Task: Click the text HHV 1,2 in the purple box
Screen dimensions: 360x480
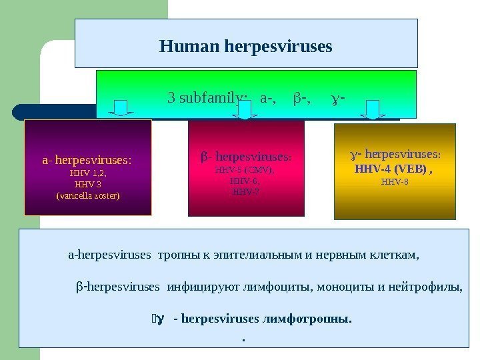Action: (x=88, y=172)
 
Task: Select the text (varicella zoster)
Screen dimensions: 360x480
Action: (x=88, y=196)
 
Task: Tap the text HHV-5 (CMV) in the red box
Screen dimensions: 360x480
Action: (x=245, y=170)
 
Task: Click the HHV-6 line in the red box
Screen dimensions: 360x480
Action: (x=245, y=181)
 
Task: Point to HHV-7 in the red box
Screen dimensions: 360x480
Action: (x=245, y=191)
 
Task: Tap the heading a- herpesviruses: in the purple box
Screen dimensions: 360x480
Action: (x=87, y=160)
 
